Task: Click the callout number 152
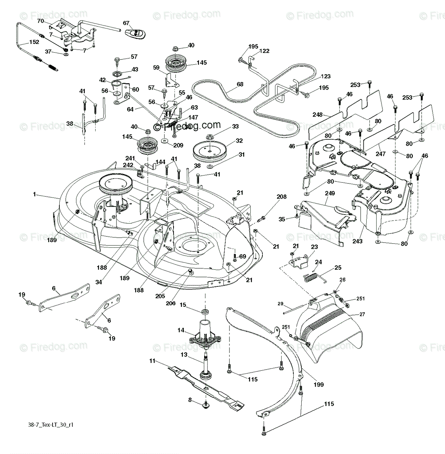pyautogui.click(x=34, y=42)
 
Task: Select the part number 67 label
pyautogui.click(x=126, y=23)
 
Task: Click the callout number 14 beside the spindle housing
pyautogui.click(x=181, y=330)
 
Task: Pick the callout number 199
pyautogui.click(x=319, y=385)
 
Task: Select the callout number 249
pyautogui.click(x=330, y=193)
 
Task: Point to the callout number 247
pyautogui.click(x=380, y=154)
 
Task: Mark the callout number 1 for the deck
pyautogui.click(x=34, y=194)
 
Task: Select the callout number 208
pyautogui.click(x=282, y=197)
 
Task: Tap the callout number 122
pyautogui.click(x=264, y=51)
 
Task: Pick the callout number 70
pyautogui.click(x=40, y=22)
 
